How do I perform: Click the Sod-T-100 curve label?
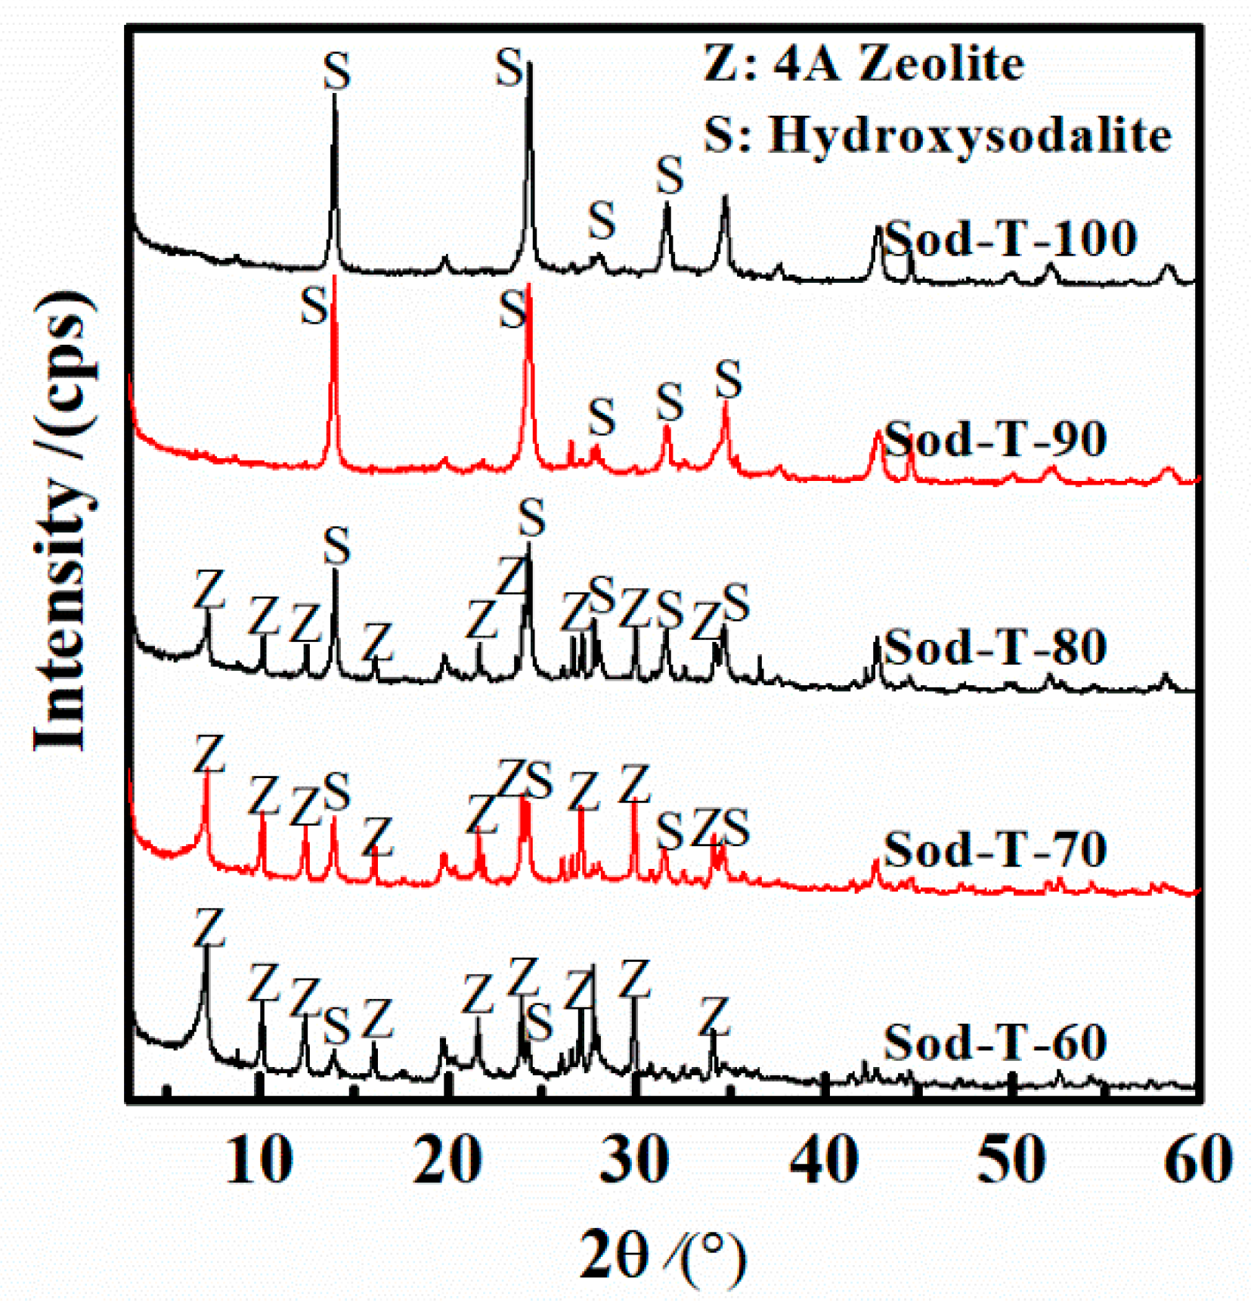[1011, 238]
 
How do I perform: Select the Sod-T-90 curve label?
[996, 439]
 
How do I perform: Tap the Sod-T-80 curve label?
[996, 647]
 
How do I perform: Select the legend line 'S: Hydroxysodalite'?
[937, 136]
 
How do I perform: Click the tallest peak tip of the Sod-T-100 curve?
[529, 65]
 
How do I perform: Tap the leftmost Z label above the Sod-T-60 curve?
[209, 928]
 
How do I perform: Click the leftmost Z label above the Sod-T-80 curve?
[209, 589]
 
